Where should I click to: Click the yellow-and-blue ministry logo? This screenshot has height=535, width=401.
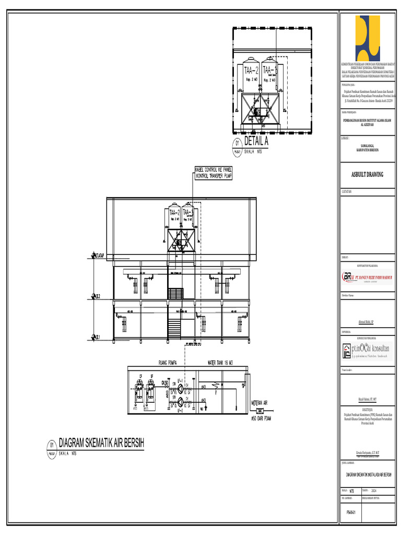tap(368, 38)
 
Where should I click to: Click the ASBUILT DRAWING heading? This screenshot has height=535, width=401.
tap(367, 175)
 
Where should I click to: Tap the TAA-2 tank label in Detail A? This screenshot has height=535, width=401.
tap(251, 69)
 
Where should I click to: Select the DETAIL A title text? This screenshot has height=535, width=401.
tap(256, 142)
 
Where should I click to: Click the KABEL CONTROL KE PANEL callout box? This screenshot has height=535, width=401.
tap(213, 173)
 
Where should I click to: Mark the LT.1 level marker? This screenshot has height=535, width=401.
tap(96, 337)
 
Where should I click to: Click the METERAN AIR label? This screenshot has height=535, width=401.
tap(260, 403)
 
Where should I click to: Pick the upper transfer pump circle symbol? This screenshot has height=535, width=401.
tap(181, 390)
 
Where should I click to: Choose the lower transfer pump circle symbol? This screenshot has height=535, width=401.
tap(181, 401)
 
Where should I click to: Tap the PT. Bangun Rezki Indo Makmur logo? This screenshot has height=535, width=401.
tap(367, 277)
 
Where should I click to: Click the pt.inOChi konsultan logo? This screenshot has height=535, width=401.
tap(367, 350)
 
